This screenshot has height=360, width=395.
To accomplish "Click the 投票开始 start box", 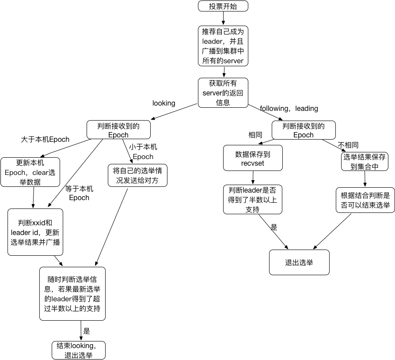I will coord(223,6).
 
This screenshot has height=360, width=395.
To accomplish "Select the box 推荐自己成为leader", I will coord(223,46).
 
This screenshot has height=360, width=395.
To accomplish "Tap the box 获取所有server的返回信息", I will coord(223,93).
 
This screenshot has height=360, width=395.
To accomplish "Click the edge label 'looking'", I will coord(163,103).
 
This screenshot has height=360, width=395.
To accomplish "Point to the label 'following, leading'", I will coord(289,109).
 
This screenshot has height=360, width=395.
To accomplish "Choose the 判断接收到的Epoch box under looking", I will coord(118,130).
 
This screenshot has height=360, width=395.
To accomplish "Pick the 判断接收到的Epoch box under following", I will coord(304,130).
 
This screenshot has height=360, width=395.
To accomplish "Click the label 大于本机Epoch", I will coord(45,140).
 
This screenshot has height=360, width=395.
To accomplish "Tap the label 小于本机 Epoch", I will coord(143,152).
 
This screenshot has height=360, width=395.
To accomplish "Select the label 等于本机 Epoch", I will coord(79,193).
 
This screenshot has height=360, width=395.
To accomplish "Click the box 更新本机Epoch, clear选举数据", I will coord(30,172).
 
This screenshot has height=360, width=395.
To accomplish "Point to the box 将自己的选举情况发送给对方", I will coord(137,175).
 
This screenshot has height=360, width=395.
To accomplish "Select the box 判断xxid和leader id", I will coord(36,232).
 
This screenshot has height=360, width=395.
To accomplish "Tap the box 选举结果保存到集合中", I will coord(365,161).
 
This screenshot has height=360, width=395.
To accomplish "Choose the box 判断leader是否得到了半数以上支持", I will coord(252,199).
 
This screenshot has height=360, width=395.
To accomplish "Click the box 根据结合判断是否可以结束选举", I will coord(365,200).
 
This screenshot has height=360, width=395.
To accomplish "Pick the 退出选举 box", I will coord(299,262).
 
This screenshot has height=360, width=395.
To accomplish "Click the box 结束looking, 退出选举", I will coord(79,350).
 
